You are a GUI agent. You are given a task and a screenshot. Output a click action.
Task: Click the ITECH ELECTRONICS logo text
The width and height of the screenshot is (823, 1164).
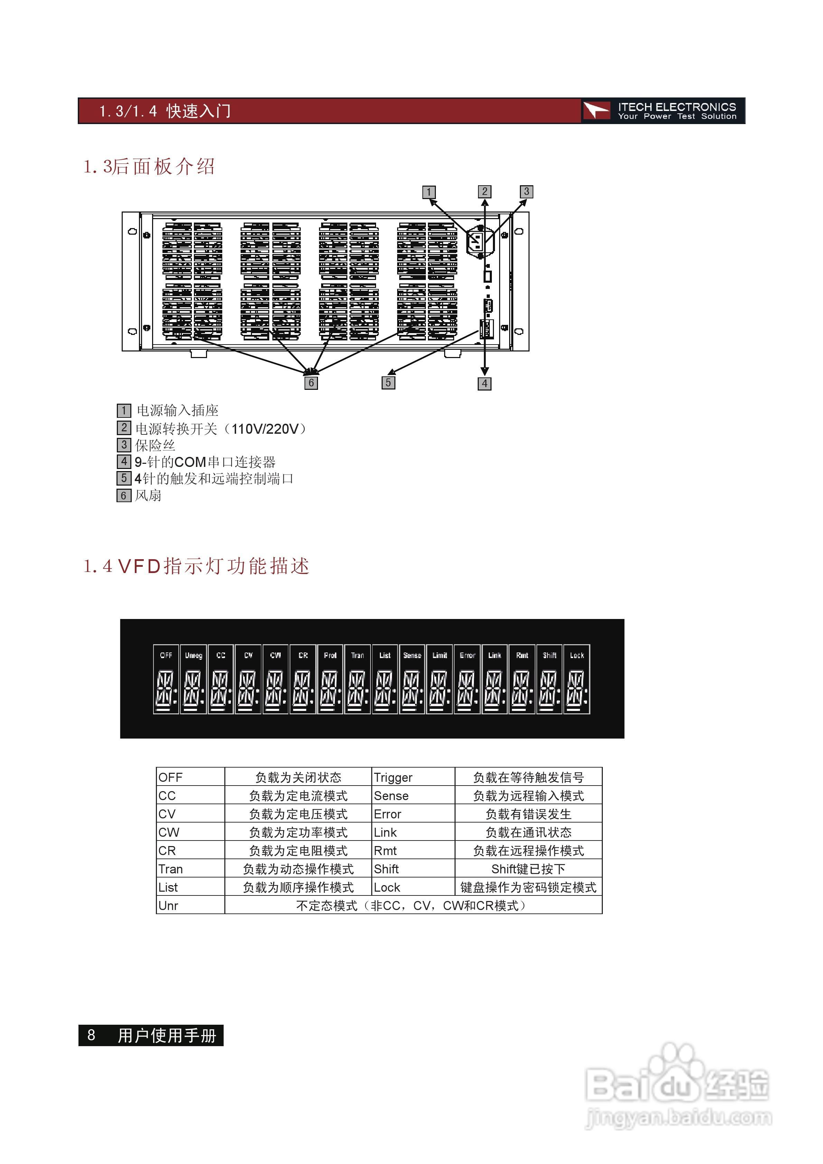[x=676, y=107]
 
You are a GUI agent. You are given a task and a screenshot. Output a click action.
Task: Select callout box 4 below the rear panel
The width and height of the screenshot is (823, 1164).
[x=484, y=384]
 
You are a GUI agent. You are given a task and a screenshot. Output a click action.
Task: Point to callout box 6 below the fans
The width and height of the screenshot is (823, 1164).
[x=311, y=383]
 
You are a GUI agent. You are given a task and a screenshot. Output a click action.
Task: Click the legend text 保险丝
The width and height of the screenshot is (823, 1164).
[x=155, y=445]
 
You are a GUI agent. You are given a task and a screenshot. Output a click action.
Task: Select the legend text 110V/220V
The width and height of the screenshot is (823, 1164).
[x=265, y=429]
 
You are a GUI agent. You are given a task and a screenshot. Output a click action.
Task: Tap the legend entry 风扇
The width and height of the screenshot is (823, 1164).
[x=148, y=495]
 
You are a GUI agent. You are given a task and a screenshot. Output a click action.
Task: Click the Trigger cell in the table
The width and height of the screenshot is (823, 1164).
[x=393, y=777]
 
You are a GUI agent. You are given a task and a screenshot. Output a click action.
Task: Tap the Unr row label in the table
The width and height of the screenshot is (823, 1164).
[x=168, y=905]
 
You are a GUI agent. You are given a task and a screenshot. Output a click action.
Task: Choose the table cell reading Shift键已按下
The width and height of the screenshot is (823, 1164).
[x=528, y=869]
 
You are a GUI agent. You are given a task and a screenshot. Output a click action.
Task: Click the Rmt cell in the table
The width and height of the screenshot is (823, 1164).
[x=385, y=851]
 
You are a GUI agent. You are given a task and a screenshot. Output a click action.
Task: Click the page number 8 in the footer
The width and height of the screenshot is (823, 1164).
[x=91, y=1035]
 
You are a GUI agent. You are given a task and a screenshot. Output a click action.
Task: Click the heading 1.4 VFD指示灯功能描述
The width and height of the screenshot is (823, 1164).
[x=196, y=566]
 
